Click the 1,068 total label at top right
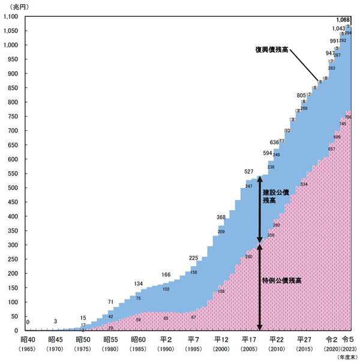pos(342,20)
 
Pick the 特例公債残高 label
pos(281,280)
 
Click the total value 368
pos(222,217)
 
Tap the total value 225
pos(194,258)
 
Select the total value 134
pos(139,284)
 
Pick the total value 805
pos(301,96)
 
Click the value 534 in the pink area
pos(304,184)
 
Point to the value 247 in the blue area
pos(248,186)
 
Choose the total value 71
pos(110,302)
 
